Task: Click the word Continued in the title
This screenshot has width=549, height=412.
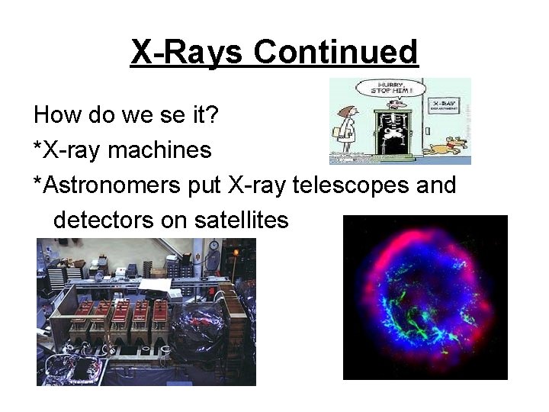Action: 335,52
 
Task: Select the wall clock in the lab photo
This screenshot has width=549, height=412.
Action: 213,246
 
